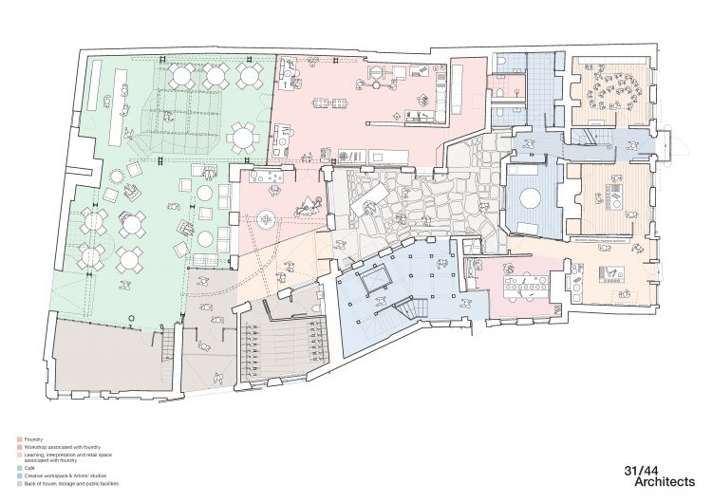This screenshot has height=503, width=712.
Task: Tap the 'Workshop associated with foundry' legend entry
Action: (x=57, y=446)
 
